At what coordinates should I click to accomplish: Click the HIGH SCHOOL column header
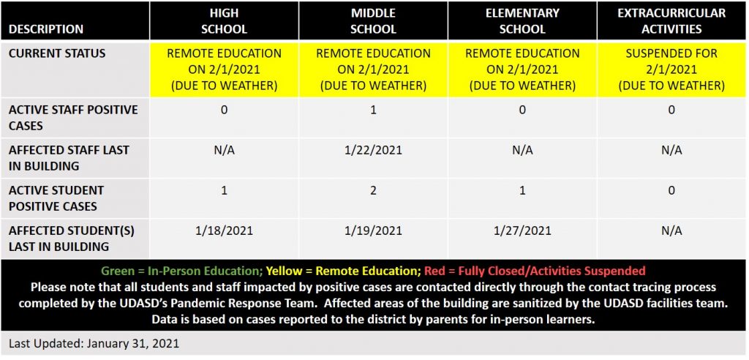pyautogui.click(x=224, y=21)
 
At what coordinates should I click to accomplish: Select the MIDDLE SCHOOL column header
pyautogui.click(x=373, y=21)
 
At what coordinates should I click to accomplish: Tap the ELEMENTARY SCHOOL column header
pyautogui.click(x=522, y=21)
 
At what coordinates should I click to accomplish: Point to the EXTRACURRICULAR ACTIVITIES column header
pyautogui.click(x=671, y=21)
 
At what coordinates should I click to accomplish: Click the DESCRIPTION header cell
pyautogui.click(x=46, y=29)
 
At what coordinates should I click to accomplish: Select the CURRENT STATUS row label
pyautogui.click(x=57, y=53)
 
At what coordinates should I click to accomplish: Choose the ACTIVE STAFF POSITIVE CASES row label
pyautogui.click(x=73, y=117)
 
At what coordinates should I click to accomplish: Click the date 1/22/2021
pyautogui.click(x=373, y=150)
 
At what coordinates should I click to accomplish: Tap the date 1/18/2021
pyautogui.click(x=224, y=230)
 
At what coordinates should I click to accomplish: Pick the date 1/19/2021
pyautogui.click(x=373, y=230)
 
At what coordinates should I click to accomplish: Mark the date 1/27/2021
pyautogui.click(x=522, y=230)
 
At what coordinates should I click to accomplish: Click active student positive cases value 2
pyautogui.click(x=373, y=190)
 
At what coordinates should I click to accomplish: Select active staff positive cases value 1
pyautogui.click(x=373, y=110)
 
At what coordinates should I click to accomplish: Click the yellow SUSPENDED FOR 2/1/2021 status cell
pyautogui.click(x=671, y=70)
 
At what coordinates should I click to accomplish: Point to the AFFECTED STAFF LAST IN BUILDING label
pyautogui.click(x=69, y=157)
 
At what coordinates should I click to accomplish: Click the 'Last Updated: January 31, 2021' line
pyautogui.click(x=94, y=342)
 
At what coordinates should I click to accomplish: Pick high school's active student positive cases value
pyautogui.click(x=224, y=190)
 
